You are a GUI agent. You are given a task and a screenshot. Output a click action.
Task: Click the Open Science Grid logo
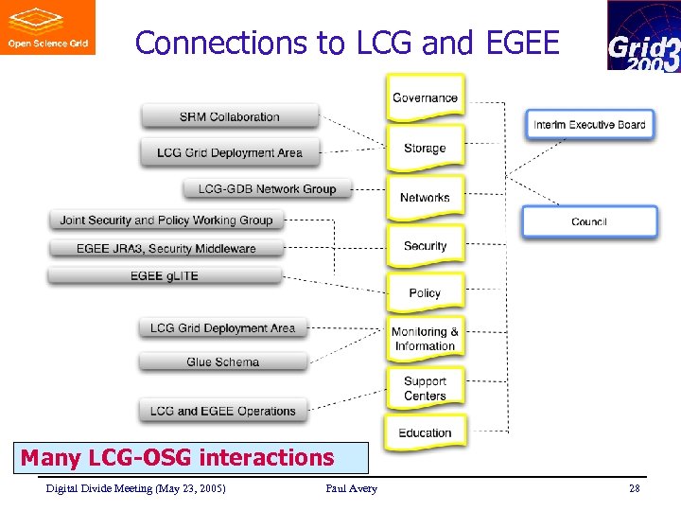click(47, 27)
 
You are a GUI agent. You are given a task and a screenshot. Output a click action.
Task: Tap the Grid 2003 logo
click(642, 36)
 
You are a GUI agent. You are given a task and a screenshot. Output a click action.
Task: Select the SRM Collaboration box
click(230, 116)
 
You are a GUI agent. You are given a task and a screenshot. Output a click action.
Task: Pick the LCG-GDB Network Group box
click(267, 188)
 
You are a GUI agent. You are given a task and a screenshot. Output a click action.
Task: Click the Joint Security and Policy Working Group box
click(166, 220)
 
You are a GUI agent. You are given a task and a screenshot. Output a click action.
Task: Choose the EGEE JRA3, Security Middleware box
click(166, 248)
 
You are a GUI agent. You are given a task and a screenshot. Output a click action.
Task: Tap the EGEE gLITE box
click(165, 275)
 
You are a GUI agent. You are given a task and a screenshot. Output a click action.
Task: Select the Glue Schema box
click(223, 361)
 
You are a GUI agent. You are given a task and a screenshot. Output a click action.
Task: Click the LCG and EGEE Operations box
click(223, 411)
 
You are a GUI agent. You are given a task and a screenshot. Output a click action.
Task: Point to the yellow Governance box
click(425, 97)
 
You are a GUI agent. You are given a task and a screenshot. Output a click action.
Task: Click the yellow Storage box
click(425, 148)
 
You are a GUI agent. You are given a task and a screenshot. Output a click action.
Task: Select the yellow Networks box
click(425, 197)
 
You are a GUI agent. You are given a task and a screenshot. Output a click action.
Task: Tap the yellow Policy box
click(425, 292)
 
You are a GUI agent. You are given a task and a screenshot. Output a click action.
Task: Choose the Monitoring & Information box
click(425, 339)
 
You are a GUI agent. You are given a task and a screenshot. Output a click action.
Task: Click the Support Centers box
click(425, 388)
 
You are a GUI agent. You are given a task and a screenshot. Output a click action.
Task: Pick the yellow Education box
click(425, 432)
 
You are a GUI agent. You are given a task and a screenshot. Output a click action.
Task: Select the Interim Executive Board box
click(589, 124)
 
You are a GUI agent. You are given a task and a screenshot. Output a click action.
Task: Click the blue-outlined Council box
click(589, 221)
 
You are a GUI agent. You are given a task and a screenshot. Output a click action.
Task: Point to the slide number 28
click(634, 488)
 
